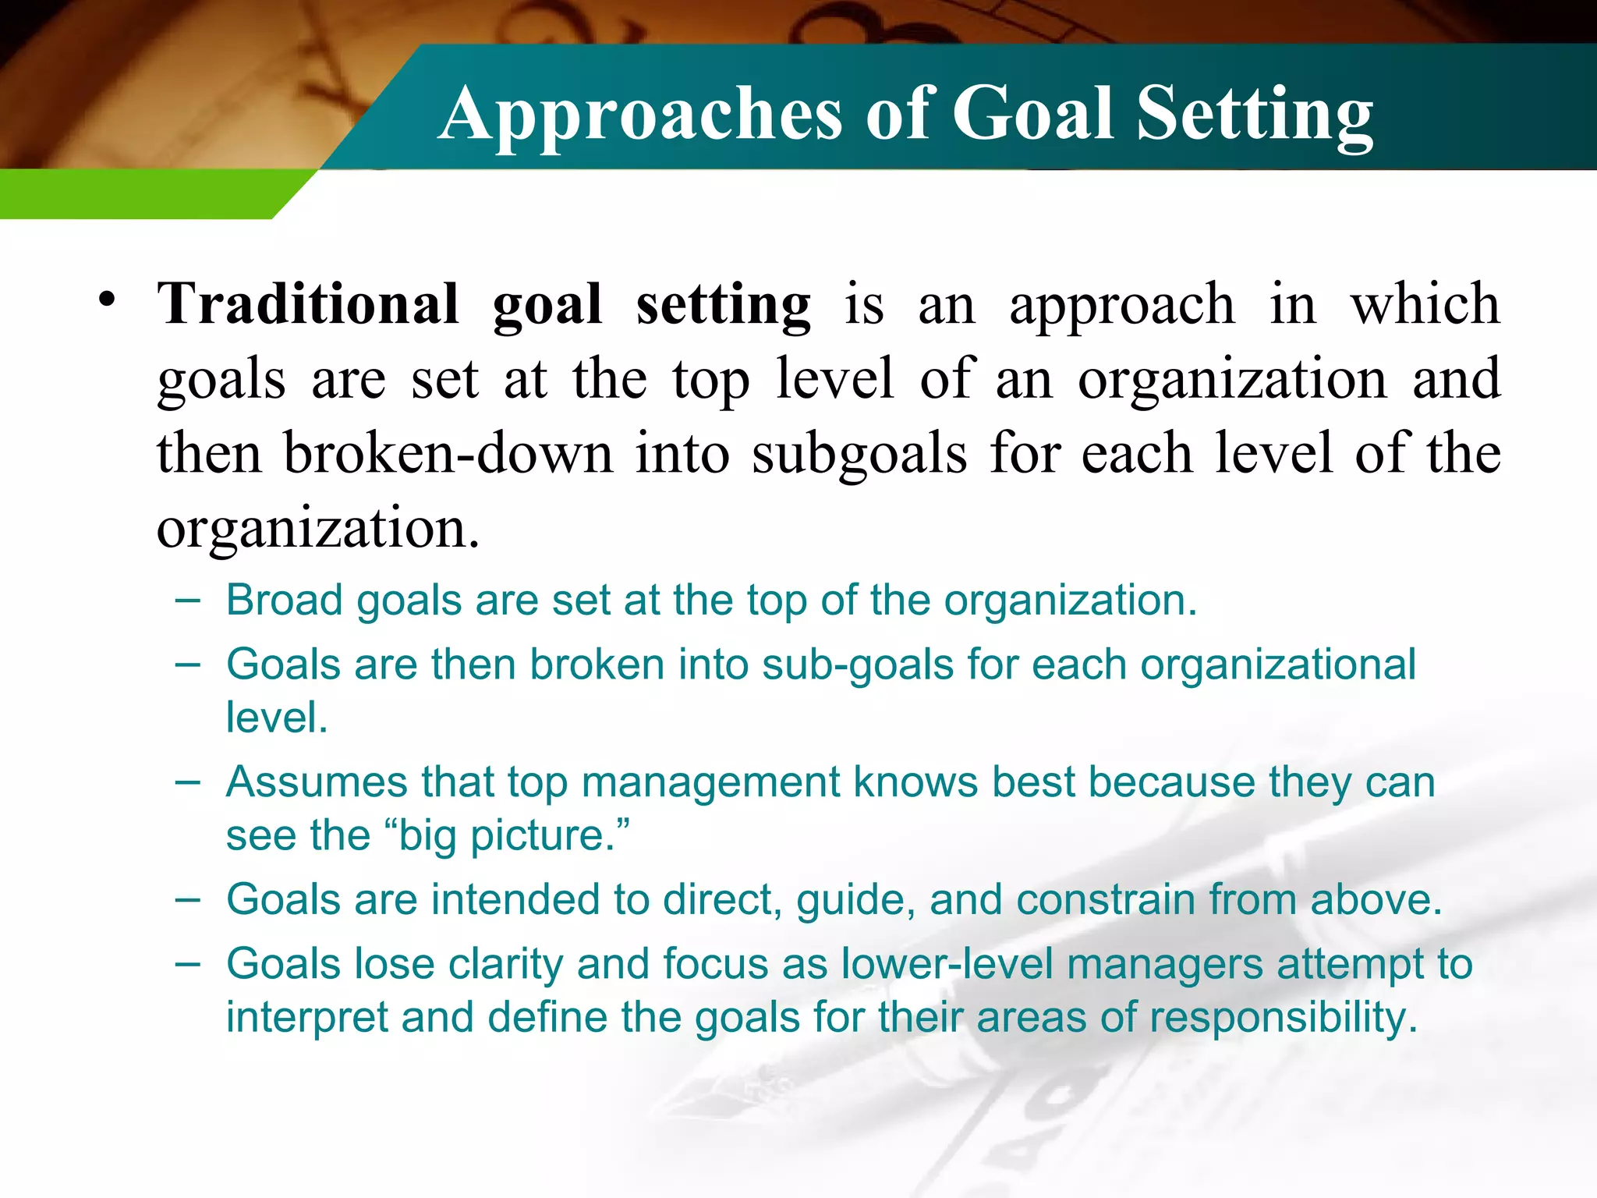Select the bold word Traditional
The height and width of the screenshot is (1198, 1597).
[x=308, y=304]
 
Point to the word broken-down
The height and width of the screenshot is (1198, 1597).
[x=448, y=454]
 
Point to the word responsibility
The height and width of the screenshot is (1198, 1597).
[x=1282, y=1019]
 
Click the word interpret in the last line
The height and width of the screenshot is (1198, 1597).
[x=306, y=1019]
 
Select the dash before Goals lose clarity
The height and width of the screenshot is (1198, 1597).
[x=187, y=964]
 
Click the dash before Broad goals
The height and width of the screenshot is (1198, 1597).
[x=187, y=601]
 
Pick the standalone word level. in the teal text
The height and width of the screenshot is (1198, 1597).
[x=276, y=718]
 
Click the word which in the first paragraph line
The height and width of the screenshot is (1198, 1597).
[x=1425, y=304]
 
